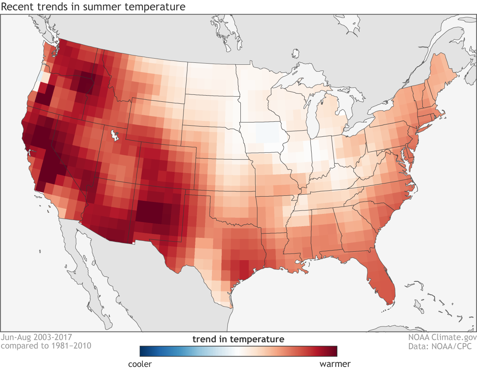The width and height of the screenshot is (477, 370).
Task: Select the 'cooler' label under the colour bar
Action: [140, 364]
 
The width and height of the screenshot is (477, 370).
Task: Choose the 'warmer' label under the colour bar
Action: [335, 364]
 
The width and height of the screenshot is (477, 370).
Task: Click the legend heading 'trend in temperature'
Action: [238, 339]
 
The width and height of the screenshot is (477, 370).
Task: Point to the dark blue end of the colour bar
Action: [142, 351]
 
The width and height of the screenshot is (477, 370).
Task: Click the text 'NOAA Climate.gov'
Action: [442, 338]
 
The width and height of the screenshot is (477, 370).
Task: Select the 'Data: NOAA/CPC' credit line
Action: [440, 346]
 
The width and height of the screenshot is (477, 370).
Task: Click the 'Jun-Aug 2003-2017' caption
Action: [36, 337]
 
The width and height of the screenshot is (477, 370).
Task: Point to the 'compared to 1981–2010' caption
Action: [46, 346]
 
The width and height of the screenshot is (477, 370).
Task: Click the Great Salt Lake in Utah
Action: [114, 136]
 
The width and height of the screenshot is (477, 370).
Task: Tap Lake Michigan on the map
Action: [314, 116]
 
